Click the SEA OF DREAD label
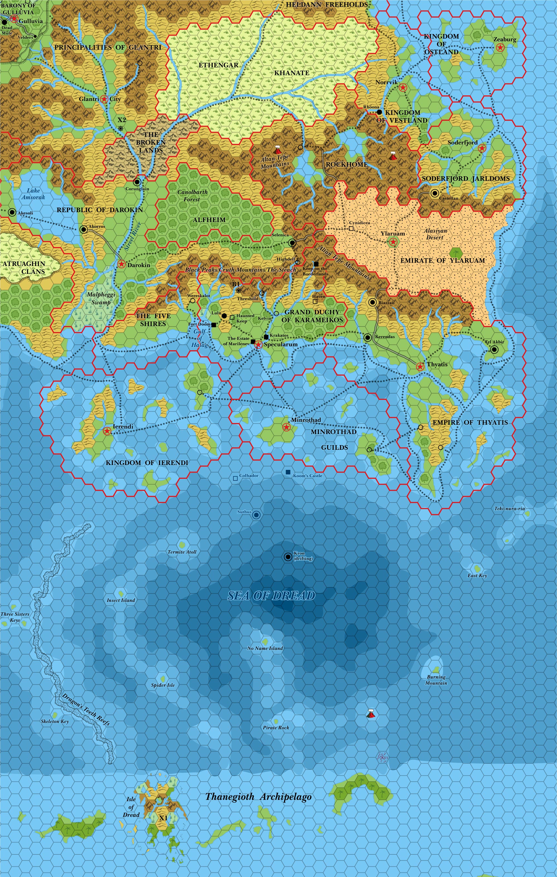click(x=271, y=595)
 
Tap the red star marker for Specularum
click(x=258, y=345)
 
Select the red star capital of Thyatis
click(x=420, y=366)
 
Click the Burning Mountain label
click(x=436, y=680)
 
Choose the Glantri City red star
click(x=104, y=99)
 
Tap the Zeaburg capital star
click(x=500, y=47)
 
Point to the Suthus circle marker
click(x=256, y=515)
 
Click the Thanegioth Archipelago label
click(x=258, y=796)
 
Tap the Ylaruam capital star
click(x=393, y=241)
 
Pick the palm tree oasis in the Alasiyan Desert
click(x=456, y=253)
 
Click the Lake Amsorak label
click(x=33, y=194)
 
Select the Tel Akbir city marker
click(x=494, y=350)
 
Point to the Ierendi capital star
click(x=107, y=431)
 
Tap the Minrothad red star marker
click(x=286, y=427)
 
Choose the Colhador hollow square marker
click(x=235, y=478)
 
